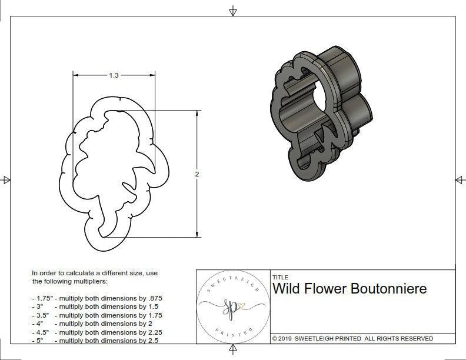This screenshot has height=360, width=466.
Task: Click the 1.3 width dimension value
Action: tap(114, 75)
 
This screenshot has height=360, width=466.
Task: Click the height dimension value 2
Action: tap(197, 174)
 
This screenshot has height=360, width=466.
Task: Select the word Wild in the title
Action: tap(287, 289)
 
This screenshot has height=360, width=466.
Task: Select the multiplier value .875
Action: tap(154, 298)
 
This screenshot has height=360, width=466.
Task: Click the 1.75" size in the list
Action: tap(41, 298)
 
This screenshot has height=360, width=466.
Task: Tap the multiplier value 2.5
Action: tap(152, 341)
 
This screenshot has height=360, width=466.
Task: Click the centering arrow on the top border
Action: tap(233, 11)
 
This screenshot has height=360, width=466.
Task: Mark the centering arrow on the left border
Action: tap(6, 180)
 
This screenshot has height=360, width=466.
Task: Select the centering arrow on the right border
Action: tap(459, 180)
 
